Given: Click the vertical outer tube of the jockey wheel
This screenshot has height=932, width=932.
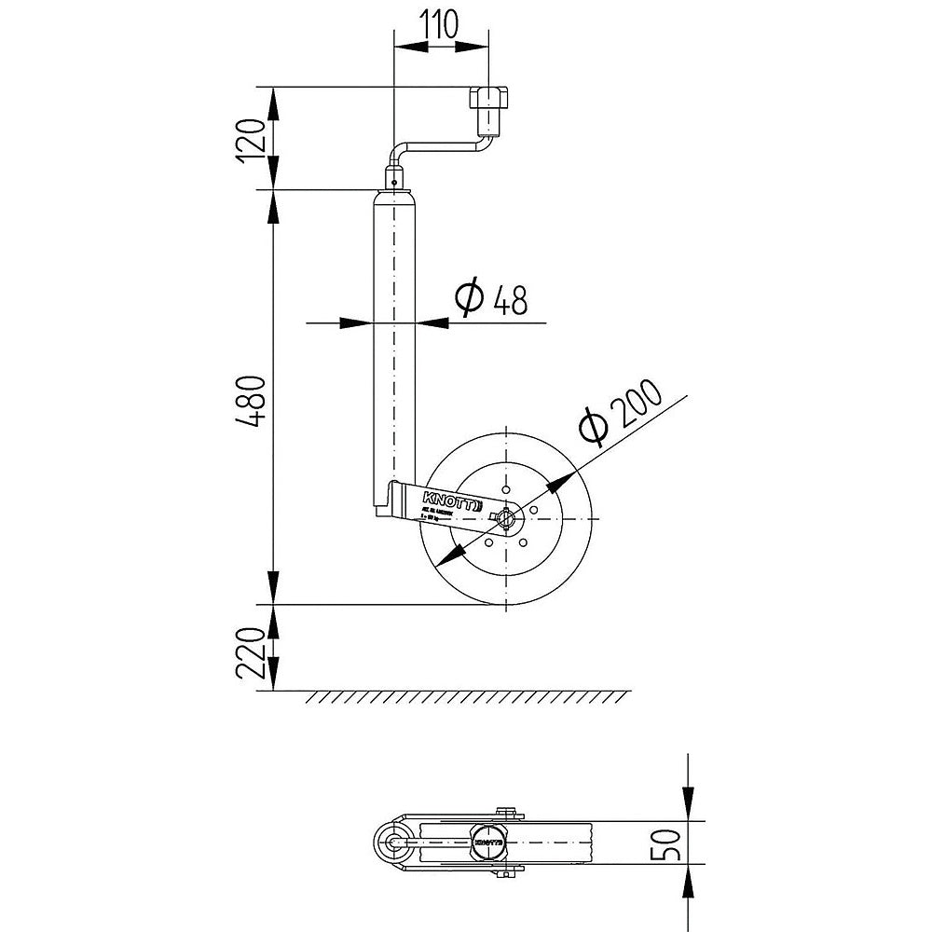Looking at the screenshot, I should click(395, 345).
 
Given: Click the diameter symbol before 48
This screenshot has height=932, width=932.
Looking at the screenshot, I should click(470, 297).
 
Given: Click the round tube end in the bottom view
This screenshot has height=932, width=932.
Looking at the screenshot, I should click(391, 841).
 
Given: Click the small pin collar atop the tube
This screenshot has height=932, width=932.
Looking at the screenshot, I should click(395, 177).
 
